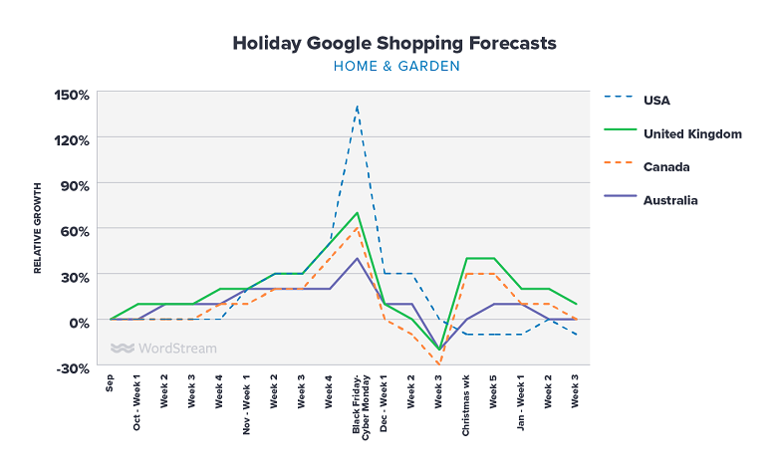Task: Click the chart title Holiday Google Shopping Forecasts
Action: pyautogui.click(x=394, y=43)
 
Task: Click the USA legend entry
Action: pyautogui.click(x=658, y=100)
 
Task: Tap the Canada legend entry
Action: pyautogui.click(x=666, y=166)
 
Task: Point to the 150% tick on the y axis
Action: pyautogui.click(x=72, y=95)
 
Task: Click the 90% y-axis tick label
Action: pyautogui.click(x=76, y=185)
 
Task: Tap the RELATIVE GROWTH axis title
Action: pyautogui.click(x=38, y=228)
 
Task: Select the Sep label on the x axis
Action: pyautogui.click(x=111, y=384)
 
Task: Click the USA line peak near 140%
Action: pyautogui.click(x=357, y=106)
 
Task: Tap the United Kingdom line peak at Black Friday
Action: pyautogui.click(x=357, y=213)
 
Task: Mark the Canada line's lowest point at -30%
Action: pyautogui.click(x=438, y=365)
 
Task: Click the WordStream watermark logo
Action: pyautogui.click(x=163, y=349)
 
